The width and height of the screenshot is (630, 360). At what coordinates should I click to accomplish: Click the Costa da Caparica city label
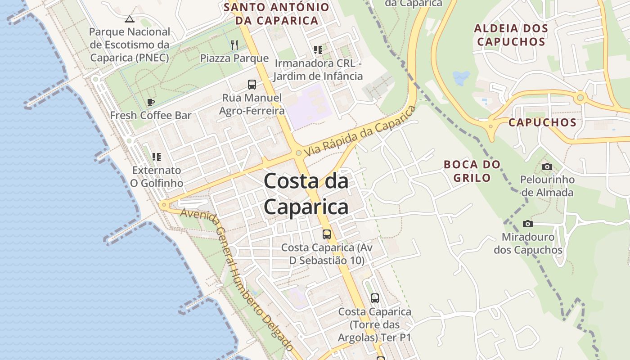(x=306, y=194)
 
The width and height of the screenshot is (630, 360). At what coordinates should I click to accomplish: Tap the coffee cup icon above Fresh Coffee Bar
(x=151, y=103)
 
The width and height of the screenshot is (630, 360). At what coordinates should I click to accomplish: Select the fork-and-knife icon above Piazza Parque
(x=234, y=45)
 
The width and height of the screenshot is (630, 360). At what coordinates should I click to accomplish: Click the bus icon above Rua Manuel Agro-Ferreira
(x=252, y=84)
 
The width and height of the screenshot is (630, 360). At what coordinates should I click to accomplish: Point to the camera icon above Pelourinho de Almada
(x=547, y=167)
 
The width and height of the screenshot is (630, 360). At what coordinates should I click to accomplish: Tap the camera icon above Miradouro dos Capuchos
(x=527, y=224)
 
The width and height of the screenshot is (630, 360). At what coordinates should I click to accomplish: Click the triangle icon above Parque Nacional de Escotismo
(x=130, y=19)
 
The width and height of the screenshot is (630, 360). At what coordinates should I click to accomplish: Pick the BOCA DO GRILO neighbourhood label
(x=472, y=171)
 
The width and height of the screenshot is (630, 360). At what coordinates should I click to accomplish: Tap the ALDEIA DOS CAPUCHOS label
(x=511, y=35)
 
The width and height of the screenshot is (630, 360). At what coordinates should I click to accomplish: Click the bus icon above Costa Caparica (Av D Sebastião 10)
(x=327, y=234)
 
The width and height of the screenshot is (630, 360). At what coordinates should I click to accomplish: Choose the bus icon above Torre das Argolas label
(x=375, y=298)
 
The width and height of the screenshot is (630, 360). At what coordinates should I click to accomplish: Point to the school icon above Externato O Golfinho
(x=156, y=157)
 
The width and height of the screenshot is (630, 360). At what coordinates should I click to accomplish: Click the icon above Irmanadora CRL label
(x=318, y=50)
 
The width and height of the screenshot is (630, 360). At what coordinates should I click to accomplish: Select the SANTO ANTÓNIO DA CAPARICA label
(x=277, y=14)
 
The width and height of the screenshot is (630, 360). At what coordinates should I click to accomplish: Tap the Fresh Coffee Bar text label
(x=151, y=115)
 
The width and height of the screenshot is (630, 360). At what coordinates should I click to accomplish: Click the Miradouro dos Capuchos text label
(x=528, y=243)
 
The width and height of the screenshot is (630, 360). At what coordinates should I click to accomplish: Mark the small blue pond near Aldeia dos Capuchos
(x=461, y=78)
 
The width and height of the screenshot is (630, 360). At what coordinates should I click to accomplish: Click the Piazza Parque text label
(x=234, y=58)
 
